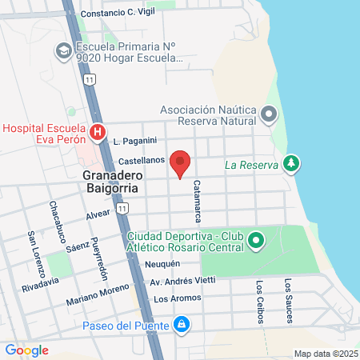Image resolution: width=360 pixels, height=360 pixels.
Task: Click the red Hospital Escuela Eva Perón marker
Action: point(98,132)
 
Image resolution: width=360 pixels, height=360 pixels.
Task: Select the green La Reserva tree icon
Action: point(292,164)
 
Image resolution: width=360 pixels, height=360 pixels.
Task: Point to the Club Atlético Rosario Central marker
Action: point(256,239)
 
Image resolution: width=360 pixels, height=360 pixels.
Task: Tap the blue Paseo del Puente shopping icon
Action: point(182,325)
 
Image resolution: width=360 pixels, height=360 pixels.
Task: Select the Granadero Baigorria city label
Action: point(110,182)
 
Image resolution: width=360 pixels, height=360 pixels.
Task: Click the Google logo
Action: point(26,350)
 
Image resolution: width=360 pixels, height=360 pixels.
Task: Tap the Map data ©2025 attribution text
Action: point(324,354)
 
